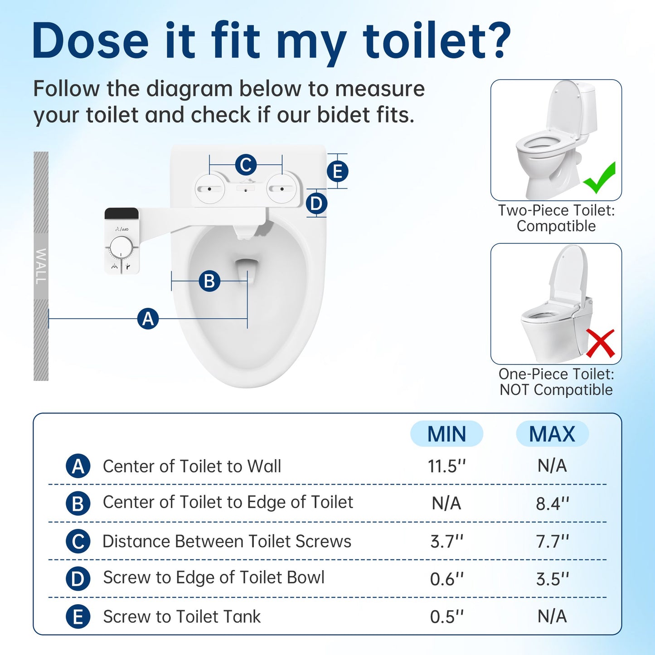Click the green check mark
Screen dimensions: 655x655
pos(600,178)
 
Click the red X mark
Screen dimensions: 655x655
pos(600,343)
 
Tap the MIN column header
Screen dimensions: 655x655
pos(446,434)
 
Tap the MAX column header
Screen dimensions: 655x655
pos(552,434)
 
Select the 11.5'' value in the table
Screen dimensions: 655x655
pos(446,466)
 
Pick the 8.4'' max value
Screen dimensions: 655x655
pos(552,503)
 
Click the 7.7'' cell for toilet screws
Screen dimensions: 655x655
pos(552,541)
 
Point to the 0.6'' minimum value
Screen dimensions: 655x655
pos(446,579)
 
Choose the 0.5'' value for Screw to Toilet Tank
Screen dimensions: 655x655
pos(446,616)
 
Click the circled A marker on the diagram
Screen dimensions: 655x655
pos(148,319)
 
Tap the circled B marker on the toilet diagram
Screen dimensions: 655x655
pos(209,281)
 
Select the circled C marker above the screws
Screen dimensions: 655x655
pos(246,165)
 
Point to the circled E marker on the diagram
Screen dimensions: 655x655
pos(338,172)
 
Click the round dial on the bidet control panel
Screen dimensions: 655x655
pos(121,247)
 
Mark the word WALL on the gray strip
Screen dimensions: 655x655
pos(41,266)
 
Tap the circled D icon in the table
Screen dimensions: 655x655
pos(78,579)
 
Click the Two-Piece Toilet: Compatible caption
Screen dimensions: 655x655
pos(556,218)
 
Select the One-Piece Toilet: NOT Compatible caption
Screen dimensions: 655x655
pos(556,382)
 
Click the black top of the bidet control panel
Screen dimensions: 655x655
pos(121,213)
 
